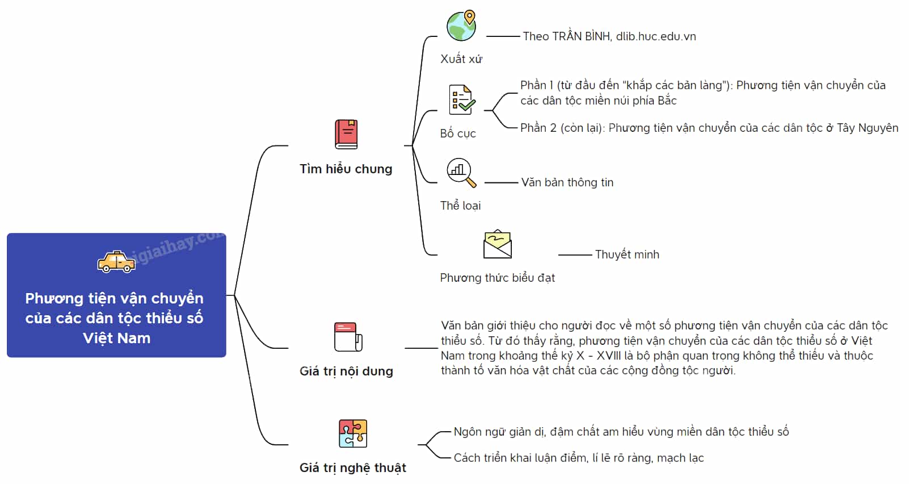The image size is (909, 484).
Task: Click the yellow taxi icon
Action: click(116, 262)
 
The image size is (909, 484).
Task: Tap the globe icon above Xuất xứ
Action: click(461, 25)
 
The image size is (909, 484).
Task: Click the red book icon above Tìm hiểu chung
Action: click(346, 134)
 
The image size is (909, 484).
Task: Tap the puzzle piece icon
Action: click(353, 433)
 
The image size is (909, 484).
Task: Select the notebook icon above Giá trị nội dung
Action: click(348, 337)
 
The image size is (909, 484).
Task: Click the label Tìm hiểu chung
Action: click(346, 169)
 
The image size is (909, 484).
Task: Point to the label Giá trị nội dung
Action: click(346, 371)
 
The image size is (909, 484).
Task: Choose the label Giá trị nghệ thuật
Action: click(352, 468)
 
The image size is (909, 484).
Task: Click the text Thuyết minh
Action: click(627, 255)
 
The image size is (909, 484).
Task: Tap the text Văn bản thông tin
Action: click(567, 182)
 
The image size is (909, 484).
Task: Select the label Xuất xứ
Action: click(461, 59)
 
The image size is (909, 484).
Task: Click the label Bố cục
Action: click(458, 133)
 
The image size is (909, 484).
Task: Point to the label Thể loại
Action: click(460, 206)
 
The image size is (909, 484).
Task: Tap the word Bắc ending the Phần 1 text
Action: click(667, 101)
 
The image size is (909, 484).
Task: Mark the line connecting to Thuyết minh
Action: click(575, 255)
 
